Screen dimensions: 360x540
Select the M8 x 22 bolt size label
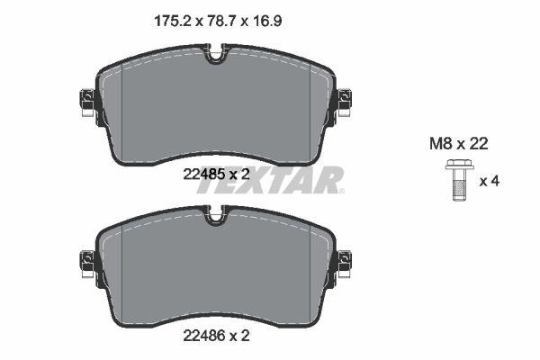coord(458,142)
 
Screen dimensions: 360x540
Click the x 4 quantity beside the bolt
coord(489,181)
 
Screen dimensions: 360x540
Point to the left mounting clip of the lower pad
coord(87,263)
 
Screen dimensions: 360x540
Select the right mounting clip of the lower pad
coord(345,263)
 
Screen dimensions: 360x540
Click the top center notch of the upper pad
coord(216,56)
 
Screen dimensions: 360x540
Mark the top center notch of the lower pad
coord(216,215)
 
